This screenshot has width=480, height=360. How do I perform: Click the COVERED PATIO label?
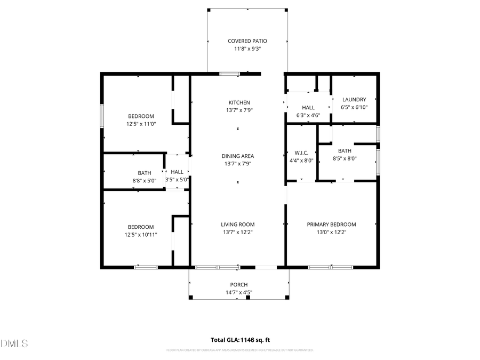coord(247,41)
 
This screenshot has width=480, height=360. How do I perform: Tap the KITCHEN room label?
coord(239,102)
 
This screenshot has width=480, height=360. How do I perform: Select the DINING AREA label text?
coord(238,156)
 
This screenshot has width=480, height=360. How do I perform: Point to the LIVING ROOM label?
coord(238,225)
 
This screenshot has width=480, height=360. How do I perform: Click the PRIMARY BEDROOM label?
coord(331,225)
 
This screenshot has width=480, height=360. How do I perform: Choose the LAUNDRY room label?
coord(354,100)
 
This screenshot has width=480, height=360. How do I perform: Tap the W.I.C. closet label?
coord(302,153)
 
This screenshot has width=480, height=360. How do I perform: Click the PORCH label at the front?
coord(239,285)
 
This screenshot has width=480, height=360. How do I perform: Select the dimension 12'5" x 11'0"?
coord(141,124)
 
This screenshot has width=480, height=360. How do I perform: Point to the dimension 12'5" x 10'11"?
coord(141,235)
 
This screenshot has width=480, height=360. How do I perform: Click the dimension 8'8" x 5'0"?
coord(145,180)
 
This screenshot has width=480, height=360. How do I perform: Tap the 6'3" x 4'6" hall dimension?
coord(308,115)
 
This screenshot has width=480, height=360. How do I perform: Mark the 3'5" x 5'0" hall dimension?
coord(177,180)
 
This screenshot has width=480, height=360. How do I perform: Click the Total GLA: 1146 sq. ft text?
coord(240,340)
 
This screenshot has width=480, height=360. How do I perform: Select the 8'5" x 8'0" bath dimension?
coord(345,158)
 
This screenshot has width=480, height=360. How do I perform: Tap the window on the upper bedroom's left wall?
coord(102,115)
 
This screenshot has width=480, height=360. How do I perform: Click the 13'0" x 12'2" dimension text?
coord(331,232)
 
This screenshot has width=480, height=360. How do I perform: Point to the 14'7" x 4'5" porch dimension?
coord(239,292)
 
